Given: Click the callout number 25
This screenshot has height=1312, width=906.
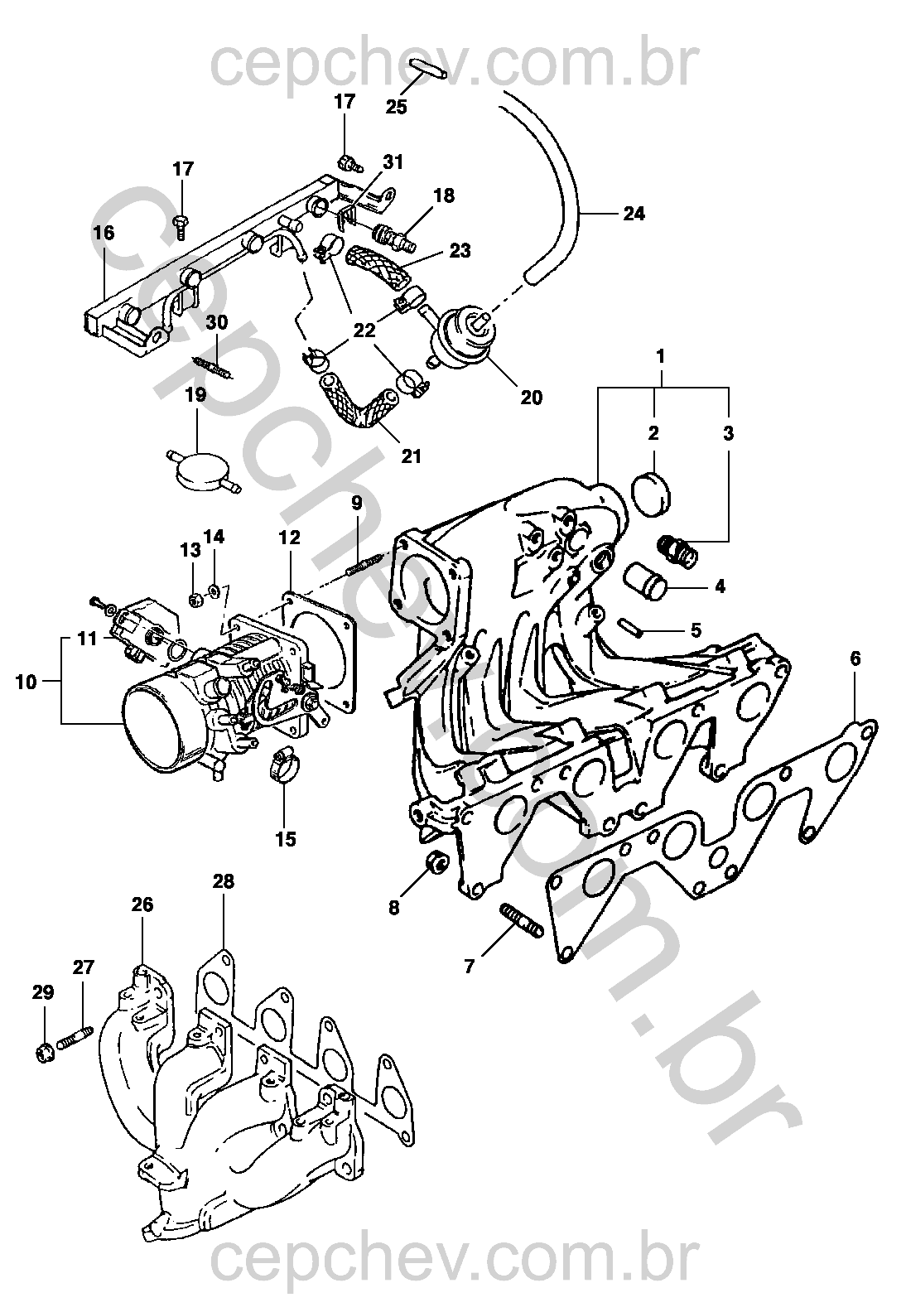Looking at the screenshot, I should tap(397, 107).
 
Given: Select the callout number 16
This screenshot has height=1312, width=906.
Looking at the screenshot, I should tap(104, 234).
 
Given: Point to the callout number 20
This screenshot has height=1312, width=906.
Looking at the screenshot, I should tap(531, 398).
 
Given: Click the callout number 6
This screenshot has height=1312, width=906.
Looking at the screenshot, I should tap(855, 659).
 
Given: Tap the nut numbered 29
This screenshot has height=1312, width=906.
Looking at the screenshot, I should tap(44, 1054).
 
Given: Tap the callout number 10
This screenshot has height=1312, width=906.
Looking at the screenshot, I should tap(27, 683).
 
